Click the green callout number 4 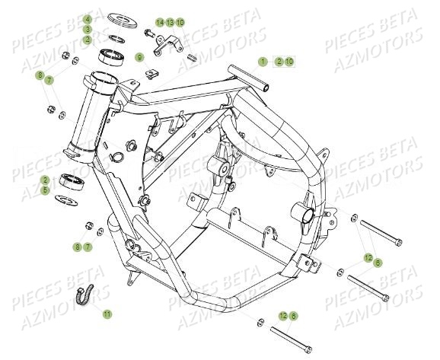pyautogui.click(x=88, y=18)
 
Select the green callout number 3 pyautogui.click(x=88, y=29)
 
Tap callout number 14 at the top pyautogui.click(x=160, y=22)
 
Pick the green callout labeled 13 pyautogui.click(x=170, y=22)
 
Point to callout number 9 pyautogui.click(x=139, y=57)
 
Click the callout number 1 pyautogui.click(x=261, y=60)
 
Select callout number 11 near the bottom pyautogui.click(x=107, y=314)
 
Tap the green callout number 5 pyautogui.click(x=66, y=190)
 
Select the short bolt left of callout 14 pyautogui.click(x=147, y=33)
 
